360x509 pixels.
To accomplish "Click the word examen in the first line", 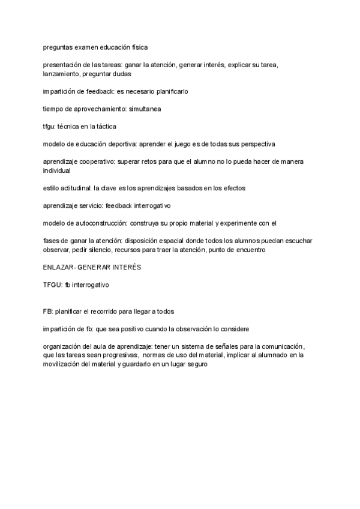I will [x=87, y=47].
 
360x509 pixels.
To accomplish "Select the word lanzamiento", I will [x=61, y=74].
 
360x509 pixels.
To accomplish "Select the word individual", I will [x=57, y=170].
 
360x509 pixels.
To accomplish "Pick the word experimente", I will [x=241, y=223].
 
